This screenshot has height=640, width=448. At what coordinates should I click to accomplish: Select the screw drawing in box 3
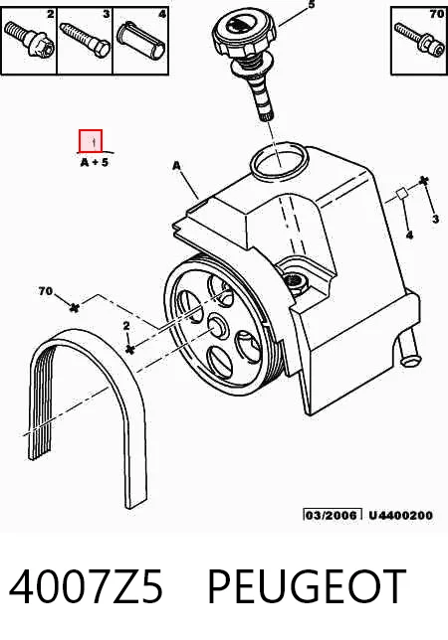pyautogui.click(x=85, y=39)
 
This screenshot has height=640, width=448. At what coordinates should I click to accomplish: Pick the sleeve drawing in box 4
pyautogui.click(x=142, y=39)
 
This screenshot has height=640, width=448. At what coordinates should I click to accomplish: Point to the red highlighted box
pyautogui.click(x=91, y=141)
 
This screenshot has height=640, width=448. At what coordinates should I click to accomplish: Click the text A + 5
pyautogui.click(x=95, y=162)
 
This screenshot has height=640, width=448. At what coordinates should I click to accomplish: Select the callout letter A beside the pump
pyautogui.click(x=176, y=166)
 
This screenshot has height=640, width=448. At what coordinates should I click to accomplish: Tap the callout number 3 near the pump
pyautogui.click(x=436, y=220)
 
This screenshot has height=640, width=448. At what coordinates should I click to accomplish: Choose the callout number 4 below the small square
pyautogui.click(x=409, y=235)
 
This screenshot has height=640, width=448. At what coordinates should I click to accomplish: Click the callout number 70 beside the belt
pyautogui.click(x=46, y=291)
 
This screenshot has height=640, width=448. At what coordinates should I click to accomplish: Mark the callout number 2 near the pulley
pyautogui.click(x=126, y=326)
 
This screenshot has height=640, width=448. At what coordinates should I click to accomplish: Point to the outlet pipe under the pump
pyautogui.click(x=409, y=347)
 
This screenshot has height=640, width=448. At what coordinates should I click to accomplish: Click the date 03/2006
pyautogui.click(x=333, y=515)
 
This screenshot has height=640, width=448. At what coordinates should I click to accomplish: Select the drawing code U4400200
pyautogui.click(x=400, y=516)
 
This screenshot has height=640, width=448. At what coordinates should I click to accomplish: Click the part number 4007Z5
pyautogui.click(x=86, y=587)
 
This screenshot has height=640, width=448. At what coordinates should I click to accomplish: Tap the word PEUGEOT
pyautogui.click(x=307, y=587)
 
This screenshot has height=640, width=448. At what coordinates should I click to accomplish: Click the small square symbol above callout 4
pyautogui.click(x=401, y=194)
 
